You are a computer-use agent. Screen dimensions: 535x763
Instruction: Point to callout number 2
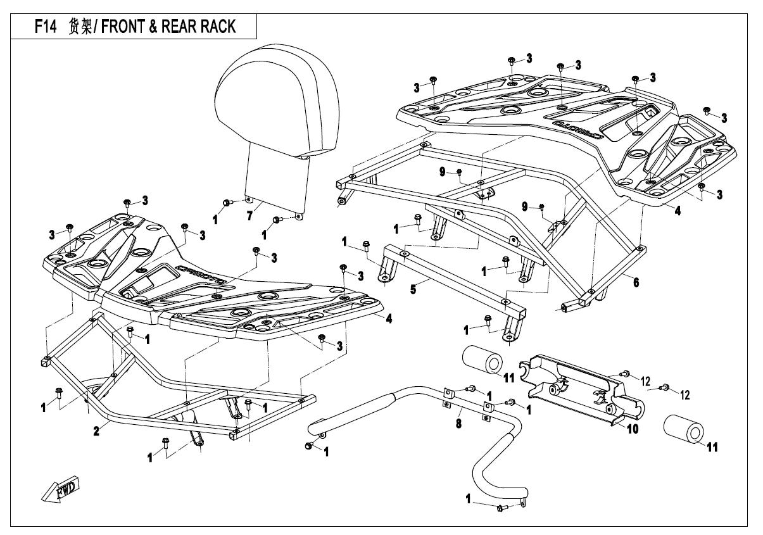(96, 431)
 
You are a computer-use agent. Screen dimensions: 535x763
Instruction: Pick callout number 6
(634, 282)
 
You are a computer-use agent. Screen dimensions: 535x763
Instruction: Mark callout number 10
(633, 429)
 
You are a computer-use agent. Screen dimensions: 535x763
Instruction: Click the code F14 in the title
(48, 27)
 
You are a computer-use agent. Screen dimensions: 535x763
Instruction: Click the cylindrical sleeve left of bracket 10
(485, 362)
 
